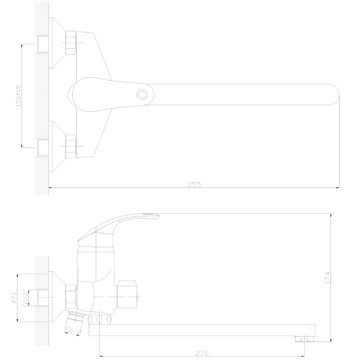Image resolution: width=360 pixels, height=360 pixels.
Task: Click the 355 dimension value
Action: pyautogui.click(x=194, y=184)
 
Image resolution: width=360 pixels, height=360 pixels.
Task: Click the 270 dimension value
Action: pyautogui.click(x=202, y=353)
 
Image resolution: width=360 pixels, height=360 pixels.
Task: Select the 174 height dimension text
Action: pyautogui.click(x=328, y=278)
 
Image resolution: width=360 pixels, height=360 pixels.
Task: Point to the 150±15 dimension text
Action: pyautogui.click(x=18, y=96)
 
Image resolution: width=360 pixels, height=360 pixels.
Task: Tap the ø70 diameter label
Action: pyautogui.click(x=14, y=298)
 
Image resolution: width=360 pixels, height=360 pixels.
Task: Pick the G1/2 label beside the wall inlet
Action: pyautogui.click(x=25, y=298)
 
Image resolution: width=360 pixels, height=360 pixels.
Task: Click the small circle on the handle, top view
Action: pyautogui.click(x=142, y=95)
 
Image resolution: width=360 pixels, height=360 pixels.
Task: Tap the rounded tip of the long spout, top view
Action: pyautogui.click(x=335, y=95)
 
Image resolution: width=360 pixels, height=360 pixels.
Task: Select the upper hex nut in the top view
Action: pyautogui.click(x=71, y=43)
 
